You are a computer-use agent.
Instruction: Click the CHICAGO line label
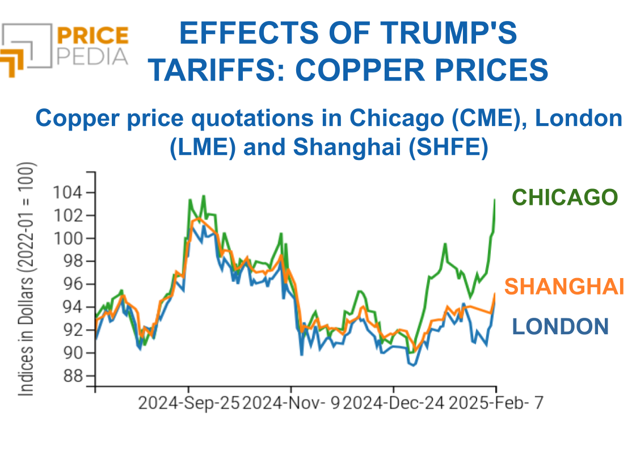coord(565,197)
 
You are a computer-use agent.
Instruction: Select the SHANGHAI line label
coord(565,286)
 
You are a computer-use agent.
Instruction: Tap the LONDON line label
coord(560,326)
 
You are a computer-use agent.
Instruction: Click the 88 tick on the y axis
coord(72,376)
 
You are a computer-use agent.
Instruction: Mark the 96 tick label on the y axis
coord(72,284)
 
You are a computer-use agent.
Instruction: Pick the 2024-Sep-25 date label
coord(189,403)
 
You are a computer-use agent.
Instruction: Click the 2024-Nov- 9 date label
coord(291,403)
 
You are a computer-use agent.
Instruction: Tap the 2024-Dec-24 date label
coord(394,403)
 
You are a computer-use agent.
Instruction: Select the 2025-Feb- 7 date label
coord(496,403)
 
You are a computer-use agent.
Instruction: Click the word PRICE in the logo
coord(92,36)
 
